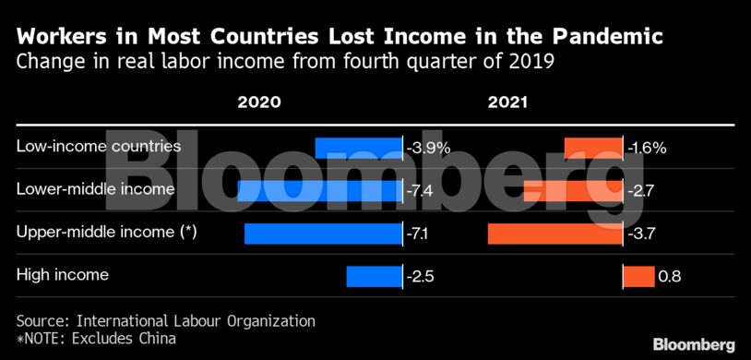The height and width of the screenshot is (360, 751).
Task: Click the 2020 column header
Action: [x=259, y=102]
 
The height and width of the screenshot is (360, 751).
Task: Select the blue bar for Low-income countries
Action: [x=359, y=148]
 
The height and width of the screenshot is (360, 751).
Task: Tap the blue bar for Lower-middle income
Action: [x=320, y=190]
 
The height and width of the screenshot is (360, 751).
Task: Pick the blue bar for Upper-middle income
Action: [x=324, y=233]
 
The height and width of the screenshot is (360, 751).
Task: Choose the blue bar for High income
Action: [x=375, y=275]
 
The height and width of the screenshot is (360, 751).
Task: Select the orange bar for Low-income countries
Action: [x=593, y=148]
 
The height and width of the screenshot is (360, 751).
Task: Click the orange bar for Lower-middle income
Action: [x=573, y=190]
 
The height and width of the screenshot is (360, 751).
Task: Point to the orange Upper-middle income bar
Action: [x=554, y=233]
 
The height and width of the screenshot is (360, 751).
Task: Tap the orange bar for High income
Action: [x=638, y=275]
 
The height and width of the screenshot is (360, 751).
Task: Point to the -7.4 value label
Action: [x=420, y=190]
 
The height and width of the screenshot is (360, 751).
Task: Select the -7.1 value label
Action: [x=418, y=233]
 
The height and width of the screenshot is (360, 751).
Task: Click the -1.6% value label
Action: [x=647, y=148]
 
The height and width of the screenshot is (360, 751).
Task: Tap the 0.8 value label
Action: [x=670, y=275]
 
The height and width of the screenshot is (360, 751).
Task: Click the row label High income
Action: [x=63, y=274]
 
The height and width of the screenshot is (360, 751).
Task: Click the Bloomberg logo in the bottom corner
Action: [x=694, y=343]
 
